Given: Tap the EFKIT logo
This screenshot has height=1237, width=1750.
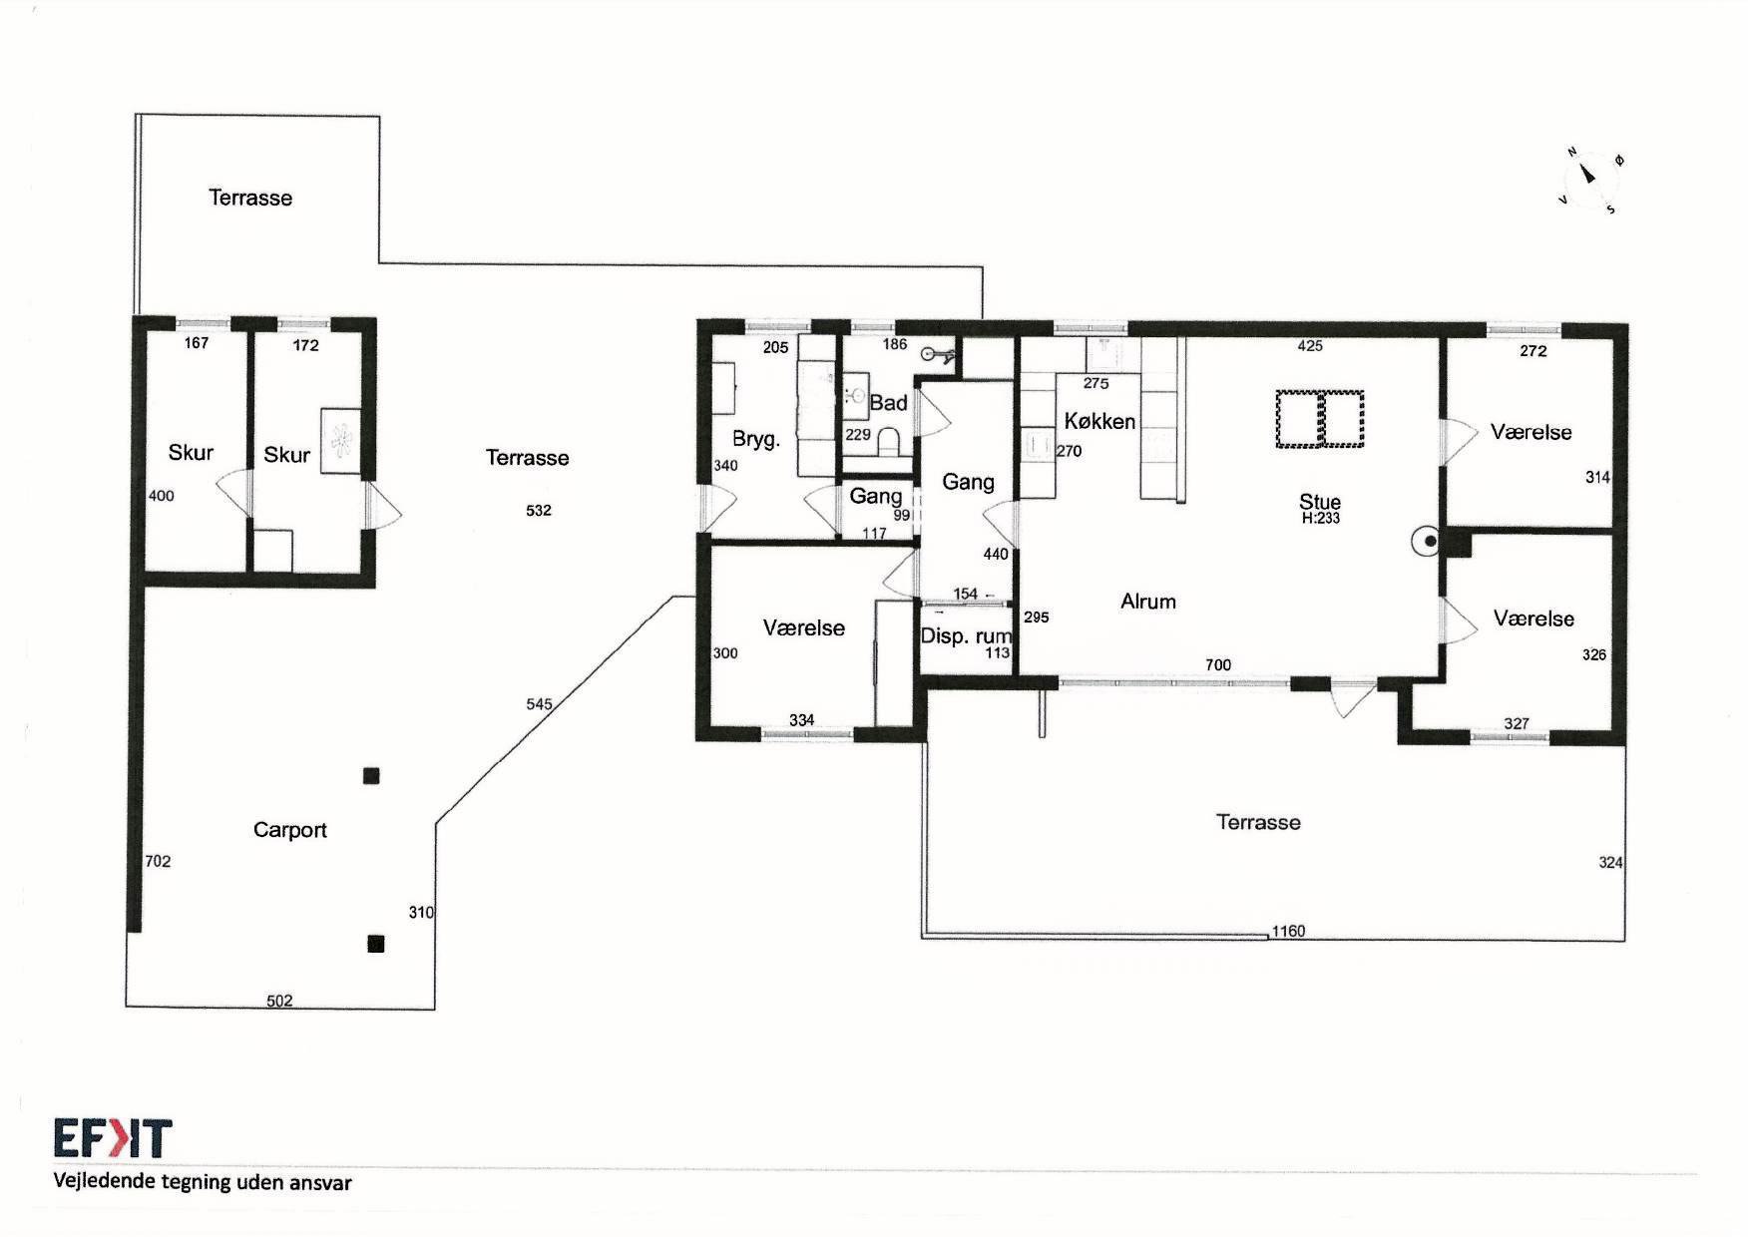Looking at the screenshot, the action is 113,1138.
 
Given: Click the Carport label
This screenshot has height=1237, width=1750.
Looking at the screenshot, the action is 289,830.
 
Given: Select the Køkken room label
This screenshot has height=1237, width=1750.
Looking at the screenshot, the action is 1099,421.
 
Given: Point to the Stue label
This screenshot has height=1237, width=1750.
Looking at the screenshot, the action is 1320,501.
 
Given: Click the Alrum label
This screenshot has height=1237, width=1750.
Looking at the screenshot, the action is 1148,602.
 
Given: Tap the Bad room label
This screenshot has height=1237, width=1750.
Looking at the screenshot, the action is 888,403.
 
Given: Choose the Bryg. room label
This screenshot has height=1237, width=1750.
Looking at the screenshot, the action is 756,439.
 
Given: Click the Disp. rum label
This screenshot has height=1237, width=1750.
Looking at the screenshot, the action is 965,636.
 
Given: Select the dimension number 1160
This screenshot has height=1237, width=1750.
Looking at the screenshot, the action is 1288,931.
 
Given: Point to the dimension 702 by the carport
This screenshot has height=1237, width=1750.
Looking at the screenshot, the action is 158,861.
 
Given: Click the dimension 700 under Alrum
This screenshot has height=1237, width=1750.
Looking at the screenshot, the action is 1218,664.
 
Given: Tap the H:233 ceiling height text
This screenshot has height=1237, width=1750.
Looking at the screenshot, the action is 1320,519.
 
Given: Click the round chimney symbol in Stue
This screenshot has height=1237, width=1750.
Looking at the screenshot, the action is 1428,542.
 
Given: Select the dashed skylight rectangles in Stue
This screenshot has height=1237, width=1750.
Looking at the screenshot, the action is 1320,419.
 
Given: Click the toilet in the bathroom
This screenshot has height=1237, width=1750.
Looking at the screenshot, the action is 889,442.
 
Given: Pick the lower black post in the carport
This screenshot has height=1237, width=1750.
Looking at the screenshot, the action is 376,944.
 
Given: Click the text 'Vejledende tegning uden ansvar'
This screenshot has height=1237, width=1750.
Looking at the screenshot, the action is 203,1183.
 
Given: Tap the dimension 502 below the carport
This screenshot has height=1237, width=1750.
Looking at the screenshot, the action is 279,1001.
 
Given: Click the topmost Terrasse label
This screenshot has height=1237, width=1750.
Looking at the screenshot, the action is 250,198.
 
